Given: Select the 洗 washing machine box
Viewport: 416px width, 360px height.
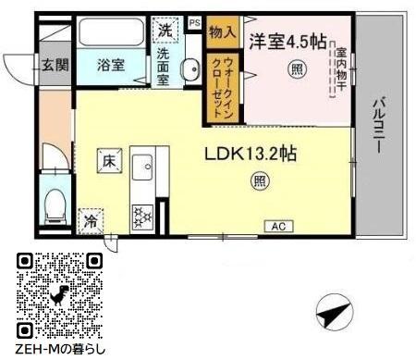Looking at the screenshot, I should (165, 29).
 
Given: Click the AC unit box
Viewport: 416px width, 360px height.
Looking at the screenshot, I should (276, 226).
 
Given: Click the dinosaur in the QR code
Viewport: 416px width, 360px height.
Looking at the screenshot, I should (60, 295).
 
